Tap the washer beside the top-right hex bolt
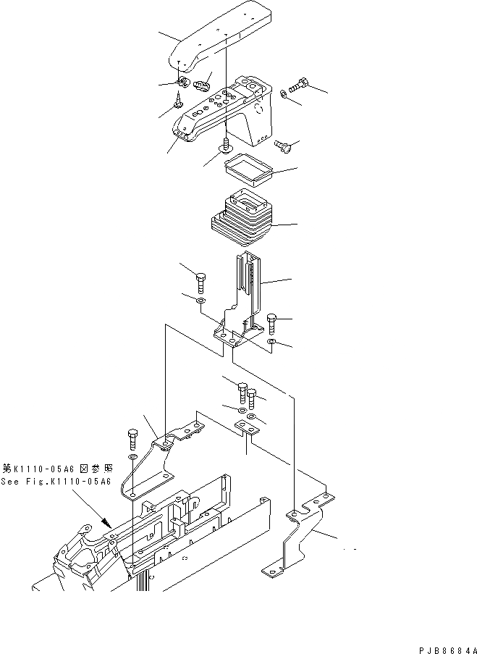[x=284, y=93]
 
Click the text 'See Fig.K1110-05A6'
[x=56, y=482]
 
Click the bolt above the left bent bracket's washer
[x=132, y=438]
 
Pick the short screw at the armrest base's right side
[x=282, y=147]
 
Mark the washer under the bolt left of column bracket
[x=200, y=299]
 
